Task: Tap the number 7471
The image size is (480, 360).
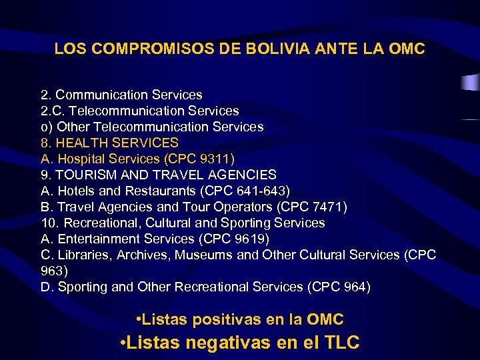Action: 326,207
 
